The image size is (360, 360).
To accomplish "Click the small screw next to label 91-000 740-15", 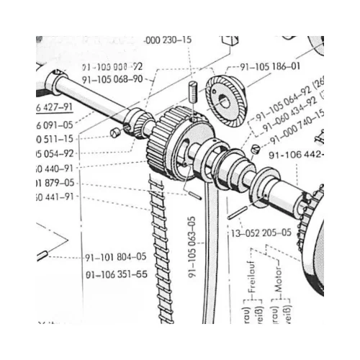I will tap(256, 149).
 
